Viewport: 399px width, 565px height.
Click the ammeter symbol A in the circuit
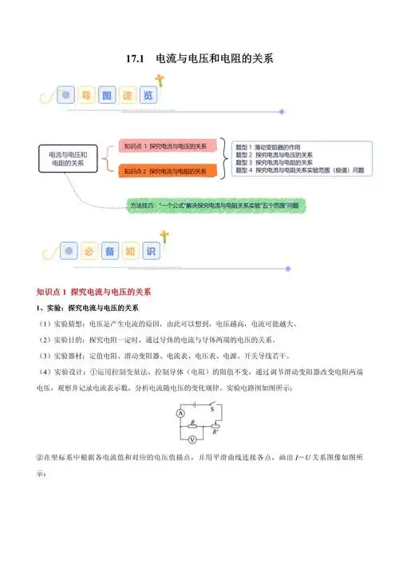click(181, 414)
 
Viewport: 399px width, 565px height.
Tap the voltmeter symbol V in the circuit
click(193, 439)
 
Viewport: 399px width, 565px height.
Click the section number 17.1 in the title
click(139, 58)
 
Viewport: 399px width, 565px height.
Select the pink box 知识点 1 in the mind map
click(168, 146)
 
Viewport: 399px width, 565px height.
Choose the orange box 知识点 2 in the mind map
click(168, 171)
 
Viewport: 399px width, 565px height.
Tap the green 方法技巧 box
click(215, 205)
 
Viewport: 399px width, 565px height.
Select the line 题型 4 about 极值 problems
click(300, 170)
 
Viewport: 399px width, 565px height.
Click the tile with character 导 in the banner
click(87, 95)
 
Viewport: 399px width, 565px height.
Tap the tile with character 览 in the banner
click(147, 95)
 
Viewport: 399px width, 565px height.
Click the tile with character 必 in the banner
click(87, 250)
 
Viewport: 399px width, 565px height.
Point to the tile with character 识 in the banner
click(147, 250)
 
